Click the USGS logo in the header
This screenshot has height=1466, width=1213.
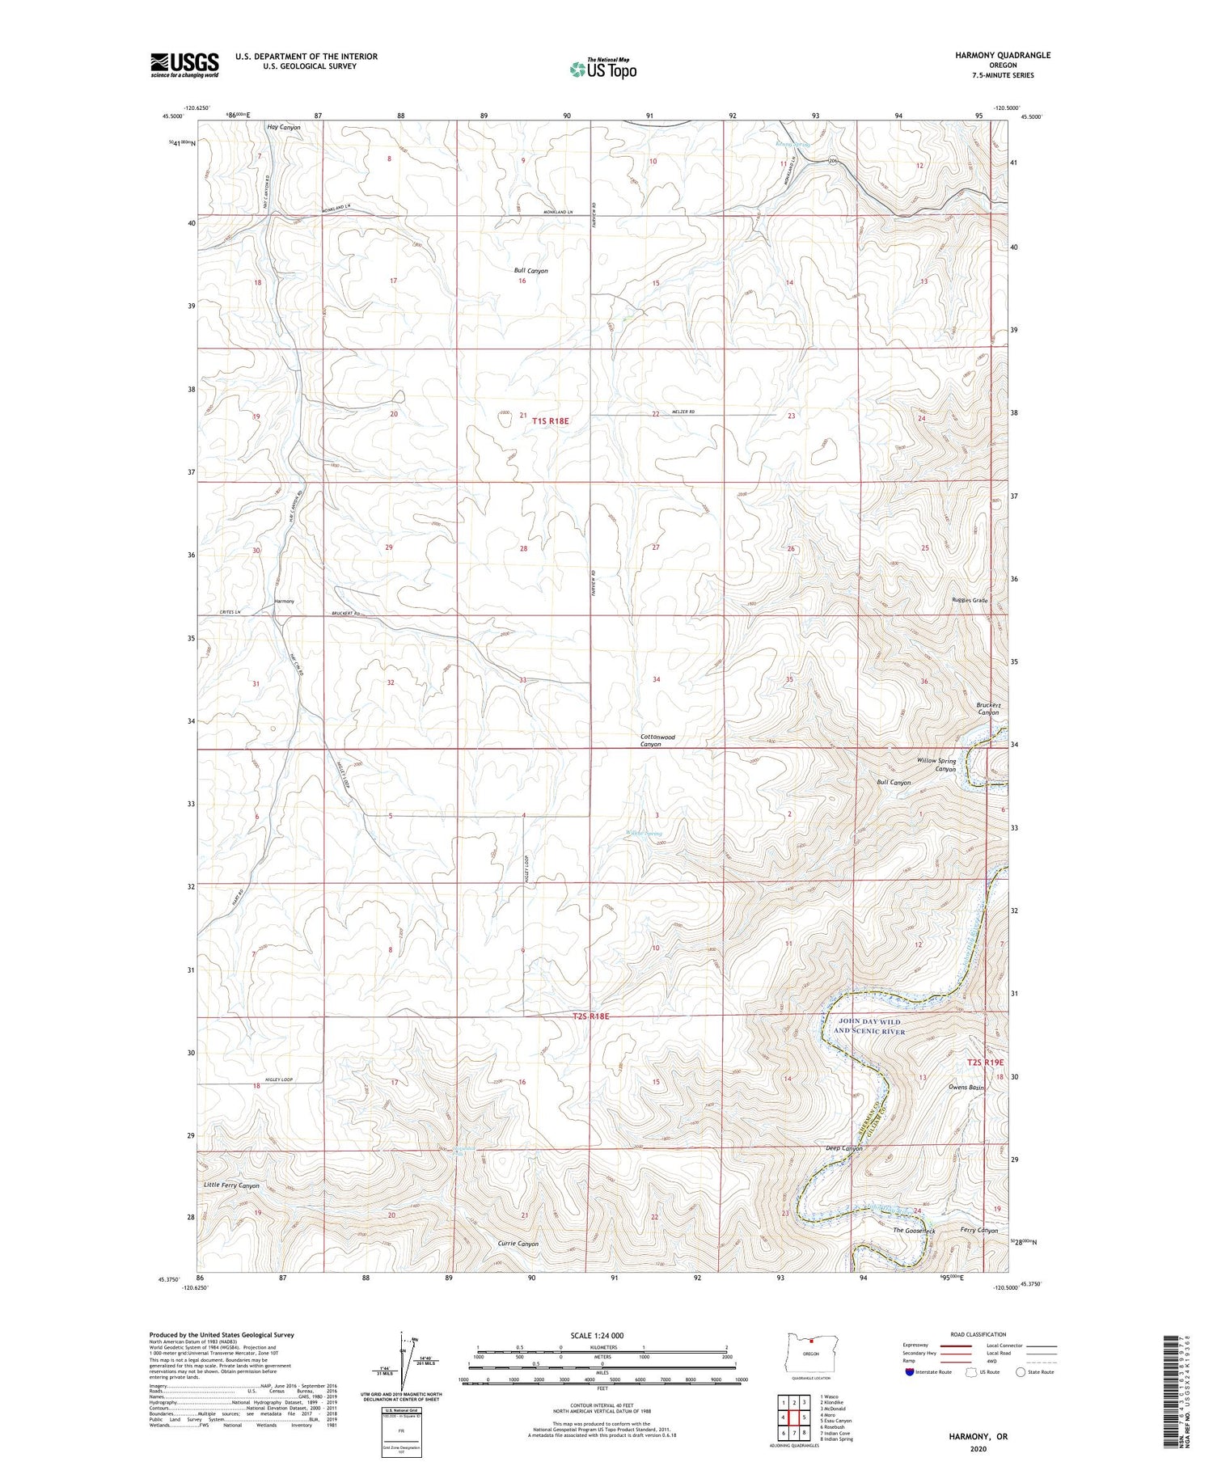pyautogui.click(x=184, y=65)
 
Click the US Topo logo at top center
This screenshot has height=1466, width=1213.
pyautogui.click(x=602, y=70)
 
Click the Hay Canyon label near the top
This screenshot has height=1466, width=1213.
pyautogui.click(x=284, y=128)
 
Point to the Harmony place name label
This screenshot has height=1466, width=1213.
pyautogui.click(x=284, y=602)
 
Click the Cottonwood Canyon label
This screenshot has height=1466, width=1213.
pyautogui.click(x=657, y=741)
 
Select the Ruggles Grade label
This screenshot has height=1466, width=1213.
pyautogui.click(x=970, y=601)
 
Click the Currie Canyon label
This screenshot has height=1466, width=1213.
pyautogui.click(x=517, y=1244)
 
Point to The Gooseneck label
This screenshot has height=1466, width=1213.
pyautogui.click(x=914, y=1231)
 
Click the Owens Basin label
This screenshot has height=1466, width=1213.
pyautogui.click(x=966, y=1088)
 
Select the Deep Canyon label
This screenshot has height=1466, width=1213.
pyautogui.click(x=843, y=1148)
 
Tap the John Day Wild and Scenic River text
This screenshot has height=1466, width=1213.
pyautogui.click(x=869, y=1027)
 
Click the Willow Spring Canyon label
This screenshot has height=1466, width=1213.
pyautogui.click(x=936, y=765)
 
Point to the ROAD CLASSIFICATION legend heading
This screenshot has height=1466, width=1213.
pyautogui.click(x=978, y=1334)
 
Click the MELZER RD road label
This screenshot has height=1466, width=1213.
pyautogui.click(x=683, y=412)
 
